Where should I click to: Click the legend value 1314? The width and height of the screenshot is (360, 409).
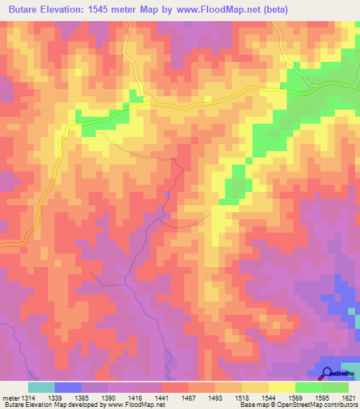28,398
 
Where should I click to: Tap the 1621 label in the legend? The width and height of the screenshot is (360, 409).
349,398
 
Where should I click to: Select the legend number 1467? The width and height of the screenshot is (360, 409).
188,398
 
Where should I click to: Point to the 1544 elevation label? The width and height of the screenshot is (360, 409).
268,398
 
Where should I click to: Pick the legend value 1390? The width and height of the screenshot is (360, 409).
108,398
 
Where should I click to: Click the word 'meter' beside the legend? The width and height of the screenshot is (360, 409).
10,398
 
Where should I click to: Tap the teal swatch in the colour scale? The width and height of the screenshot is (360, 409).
41,387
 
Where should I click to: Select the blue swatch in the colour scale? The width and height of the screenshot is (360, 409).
68,387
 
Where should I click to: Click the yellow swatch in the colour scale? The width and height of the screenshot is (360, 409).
281,387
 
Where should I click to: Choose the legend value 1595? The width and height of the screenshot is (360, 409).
322,398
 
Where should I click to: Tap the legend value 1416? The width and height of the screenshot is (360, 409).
135,398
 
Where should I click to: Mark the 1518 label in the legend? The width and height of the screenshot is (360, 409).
241,398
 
